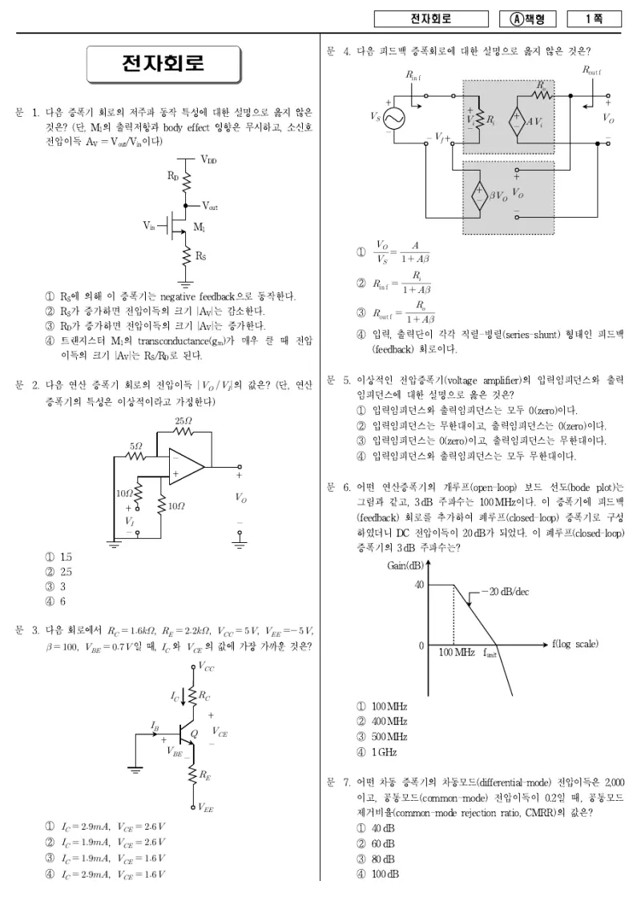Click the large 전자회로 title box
(x=163, y=64)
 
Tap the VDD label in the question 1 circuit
(x=208, y=160)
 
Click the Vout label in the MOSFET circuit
(x=210, y=206)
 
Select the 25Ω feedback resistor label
(x=183, y=421)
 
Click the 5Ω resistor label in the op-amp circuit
(x=135, y=446)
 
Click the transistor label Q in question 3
(x=194, y=734)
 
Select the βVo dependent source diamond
(x=478, y=195)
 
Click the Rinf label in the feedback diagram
(x=413, y=75)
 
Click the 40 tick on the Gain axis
(x=419, y=585)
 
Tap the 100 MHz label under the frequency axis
(x=456, y=652)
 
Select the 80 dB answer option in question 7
(x=376, y=859)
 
